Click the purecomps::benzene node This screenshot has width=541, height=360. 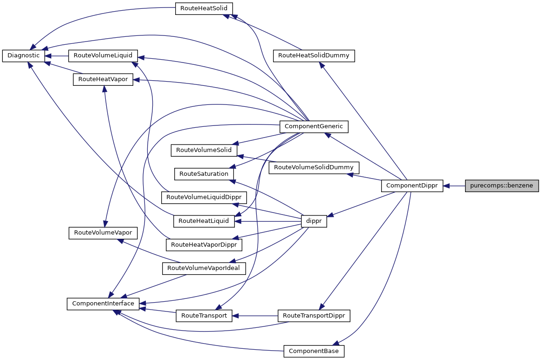[502, 186]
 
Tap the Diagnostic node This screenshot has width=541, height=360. [24, 55]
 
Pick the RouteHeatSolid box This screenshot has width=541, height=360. [204, 9]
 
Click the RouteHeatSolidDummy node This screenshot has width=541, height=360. [314, 55]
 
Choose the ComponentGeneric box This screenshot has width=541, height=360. [313, 126]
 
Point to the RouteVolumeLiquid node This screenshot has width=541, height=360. [103, 55]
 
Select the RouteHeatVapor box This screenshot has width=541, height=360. [103, 79]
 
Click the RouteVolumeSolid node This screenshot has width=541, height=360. [204, 151]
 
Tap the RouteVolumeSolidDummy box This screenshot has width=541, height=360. [314, 167]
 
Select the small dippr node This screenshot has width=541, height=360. [314, 222]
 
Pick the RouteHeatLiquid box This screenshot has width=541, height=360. [204, 221]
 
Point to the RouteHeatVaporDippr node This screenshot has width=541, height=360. [204, 244]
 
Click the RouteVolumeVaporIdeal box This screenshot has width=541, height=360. [204, 268]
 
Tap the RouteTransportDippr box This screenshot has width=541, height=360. [314, 316]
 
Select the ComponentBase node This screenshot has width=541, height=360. [314, 351]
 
